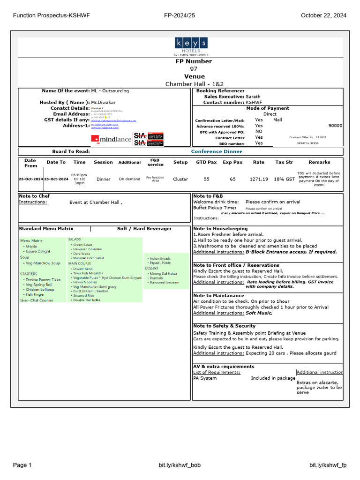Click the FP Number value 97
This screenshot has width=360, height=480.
[x=194, y=69]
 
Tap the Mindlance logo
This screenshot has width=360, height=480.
[x=111, y=139]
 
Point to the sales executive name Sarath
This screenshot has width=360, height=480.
[x=253, y=97]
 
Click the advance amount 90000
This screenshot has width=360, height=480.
[x=335, y=126]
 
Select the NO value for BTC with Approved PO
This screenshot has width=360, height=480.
[x=259, y=132]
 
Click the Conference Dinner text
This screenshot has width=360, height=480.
[x=217, y=151]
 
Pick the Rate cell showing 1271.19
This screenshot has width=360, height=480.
[x=259, y=179]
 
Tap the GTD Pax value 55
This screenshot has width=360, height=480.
[x=207, y=179]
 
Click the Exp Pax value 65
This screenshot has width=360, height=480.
[x=233, y=179]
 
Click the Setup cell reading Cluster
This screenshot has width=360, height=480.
[x=180, y=179]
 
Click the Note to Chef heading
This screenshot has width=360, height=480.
[x=34, y=196]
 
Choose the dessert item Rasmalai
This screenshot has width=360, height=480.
[x=157, y=278]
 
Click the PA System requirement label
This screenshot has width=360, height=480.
[x=205, y=378]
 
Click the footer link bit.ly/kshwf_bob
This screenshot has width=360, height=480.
[x=180, y=465]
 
